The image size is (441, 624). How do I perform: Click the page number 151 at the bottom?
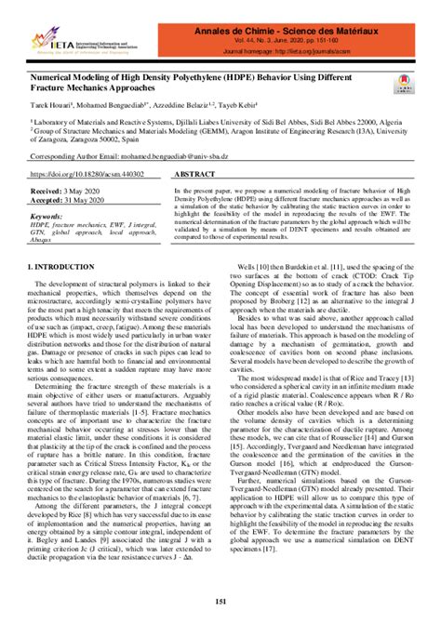(x=220, y=606)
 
